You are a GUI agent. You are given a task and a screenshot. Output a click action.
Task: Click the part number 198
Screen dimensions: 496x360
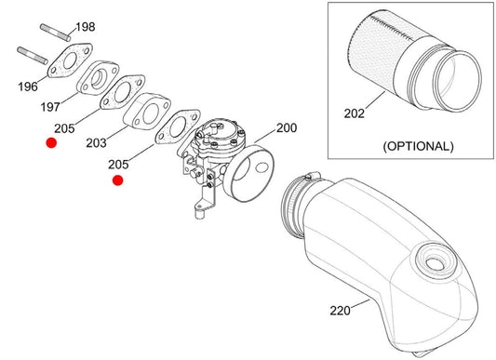(86, 27)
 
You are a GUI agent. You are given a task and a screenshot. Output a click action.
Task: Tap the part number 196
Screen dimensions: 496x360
(28, 87)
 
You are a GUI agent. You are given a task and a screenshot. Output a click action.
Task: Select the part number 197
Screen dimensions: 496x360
(50, 107)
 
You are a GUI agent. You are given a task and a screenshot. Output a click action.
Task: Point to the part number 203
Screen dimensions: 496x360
(96, 143)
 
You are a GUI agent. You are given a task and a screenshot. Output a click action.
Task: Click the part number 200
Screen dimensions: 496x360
(287, 127)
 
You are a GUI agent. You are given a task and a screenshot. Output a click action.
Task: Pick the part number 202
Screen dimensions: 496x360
(355, 113)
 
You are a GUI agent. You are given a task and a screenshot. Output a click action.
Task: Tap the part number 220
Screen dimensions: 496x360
(340, 311)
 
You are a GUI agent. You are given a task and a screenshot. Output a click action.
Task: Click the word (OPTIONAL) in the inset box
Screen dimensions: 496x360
(419, 146)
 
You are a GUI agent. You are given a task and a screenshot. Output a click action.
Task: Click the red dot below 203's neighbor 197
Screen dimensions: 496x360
(51, 143)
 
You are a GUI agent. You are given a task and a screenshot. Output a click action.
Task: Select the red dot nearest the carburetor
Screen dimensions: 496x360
(117, 180)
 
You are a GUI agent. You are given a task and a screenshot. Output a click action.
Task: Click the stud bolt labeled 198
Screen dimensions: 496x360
(55, 33)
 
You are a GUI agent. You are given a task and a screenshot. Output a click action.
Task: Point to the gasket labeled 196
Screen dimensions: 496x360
(70, 60)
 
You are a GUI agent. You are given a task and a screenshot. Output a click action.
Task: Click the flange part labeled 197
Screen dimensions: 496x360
(99, 78)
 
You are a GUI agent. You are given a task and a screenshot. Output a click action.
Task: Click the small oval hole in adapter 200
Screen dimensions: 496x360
(262, 167)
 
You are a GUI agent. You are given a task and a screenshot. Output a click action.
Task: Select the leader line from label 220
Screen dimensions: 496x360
(360, 303)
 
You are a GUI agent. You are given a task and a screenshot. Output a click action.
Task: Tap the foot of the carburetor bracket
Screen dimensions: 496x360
(200, 213)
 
